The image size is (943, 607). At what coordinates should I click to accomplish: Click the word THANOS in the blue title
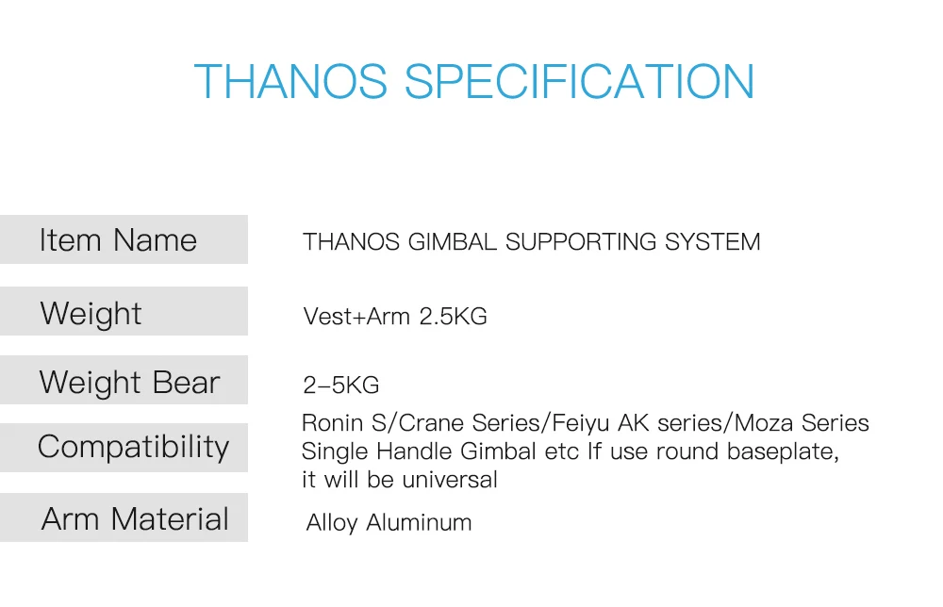(290, 81)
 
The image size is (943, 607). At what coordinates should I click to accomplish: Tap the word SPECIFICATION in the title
(579, 81)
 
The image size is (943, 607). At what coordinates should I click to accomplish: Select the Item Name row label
(118, 239)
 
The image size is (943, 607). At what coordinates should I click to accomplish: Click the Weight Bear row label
(129, 383)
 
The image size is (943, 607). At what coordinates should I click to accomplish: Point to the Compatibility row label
(134, 447)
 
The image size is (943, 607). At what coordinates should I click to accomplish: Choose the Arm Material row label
(135, 518)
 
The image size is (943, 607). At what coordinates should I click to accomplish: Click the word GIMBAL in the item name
(453, 241)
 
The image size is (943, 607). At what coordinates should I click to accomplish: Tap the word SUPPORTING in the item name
(581, 241)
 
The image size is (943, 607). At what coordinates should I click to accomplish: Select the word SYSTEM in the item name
(712, 241)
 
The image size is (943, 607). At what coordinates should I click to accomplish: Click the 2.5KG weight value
(453, 316)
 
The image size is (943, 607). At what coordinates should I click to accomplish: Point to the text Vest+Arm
(356, 316)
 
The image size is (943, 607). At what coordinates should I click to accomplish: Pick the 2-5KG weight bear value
(341, 385)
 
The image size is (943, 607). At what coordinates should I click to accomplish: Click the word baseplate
(783, 451)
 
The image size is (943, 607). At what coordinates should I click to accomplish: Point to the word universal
(450, 480)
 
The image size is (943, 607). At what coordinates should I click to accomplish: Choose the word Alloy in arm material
(332, 523)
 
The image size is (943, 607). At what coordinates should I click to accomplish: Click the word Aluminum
(419, 522)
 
